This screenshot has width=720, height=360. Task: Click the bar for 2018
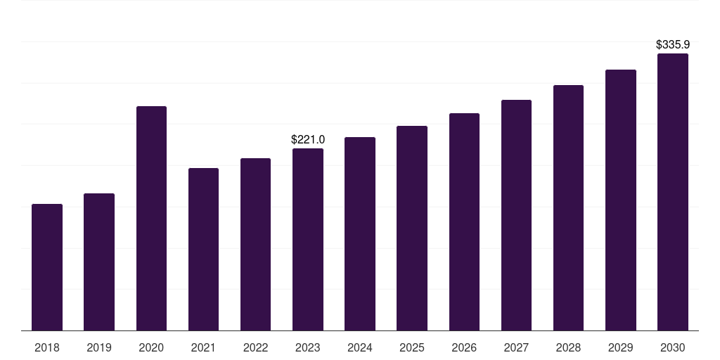click(x=47, y=267)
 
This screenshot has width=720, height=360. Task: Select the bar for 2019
click(x=99, y=262)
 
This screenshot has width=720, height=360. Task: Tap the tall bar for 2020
click(x=152, y=219)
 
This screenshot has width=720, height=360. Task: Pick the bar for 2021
click(x=203, y=250)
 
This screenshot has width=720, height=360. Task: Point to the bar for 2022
click(x=255, y=244)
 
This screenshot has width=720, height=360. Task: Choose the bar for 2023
click(x=308, y=239)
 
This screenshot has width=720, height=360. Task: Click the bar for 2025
click(x=412, y=229)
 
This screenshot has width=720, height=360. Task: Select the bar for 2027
click(x=516, y=215)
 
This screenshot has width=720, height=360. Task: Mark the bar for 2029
click(x=621, y=200)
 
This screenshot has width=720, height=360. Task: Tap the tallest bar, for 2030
click(x=673, y=192)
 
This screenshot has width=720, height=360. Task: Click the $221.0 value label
click(x=308, y=140)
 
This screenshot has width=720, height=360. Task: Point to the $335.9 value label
click(x=673, y=44)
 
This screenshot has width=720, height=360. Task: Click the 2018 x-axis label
click(x=47, y=348)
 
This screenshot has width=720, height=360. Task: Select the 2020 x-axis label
click(x=151, y=348)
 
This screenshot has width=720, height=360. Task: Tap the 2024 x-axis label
click(x=359, y=348)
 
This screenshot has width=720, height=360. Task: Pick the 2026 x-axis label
click(x=464, y=348)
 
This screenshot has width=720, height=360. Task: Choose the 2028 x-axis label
click(x=568, y=348)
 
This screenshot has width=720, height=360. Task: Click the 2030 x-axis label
click(x=673, y=348)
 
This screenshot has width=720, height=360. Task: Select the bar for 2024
click(x=360, y=233)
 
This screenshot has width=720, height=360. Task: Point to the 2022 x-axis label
click(x=255, y=348)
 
